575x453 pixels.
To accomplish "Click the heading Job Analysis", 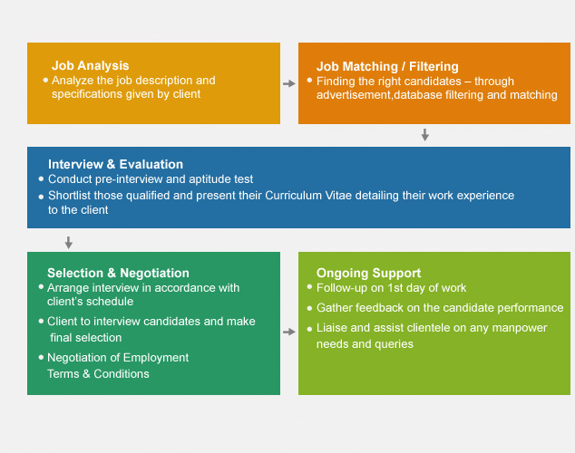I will coord(90,65).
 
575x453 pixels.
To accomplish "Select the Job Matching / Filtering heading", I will coord(387,66).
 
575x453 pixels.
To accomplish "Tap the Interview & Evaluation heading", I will coord(115,164).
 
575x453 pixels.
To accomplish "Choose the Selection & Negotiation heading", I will coord(118,273).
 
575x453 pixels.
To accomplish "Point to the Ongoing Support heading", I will coord(368,273).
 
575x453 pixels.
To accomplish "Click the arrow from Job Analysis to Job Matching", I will coord(289,83).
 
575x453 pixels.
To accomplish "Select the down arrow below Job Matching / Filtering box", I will coord(424,135).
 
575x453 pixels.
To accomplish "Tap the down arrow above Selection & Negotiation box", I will coord(68,243).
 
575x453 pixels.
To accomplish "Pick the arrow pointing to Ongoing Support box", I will coord(289,333).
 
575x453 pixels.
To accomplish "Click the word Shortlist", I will coord(72,196).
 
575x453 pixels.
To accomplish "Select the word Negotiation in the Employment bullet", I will coord(81,358).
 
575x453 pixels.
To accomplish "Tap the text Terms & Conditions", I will coord(98,373).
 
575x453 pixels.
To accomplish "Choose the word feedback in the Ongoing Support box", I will coord(382,308).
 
